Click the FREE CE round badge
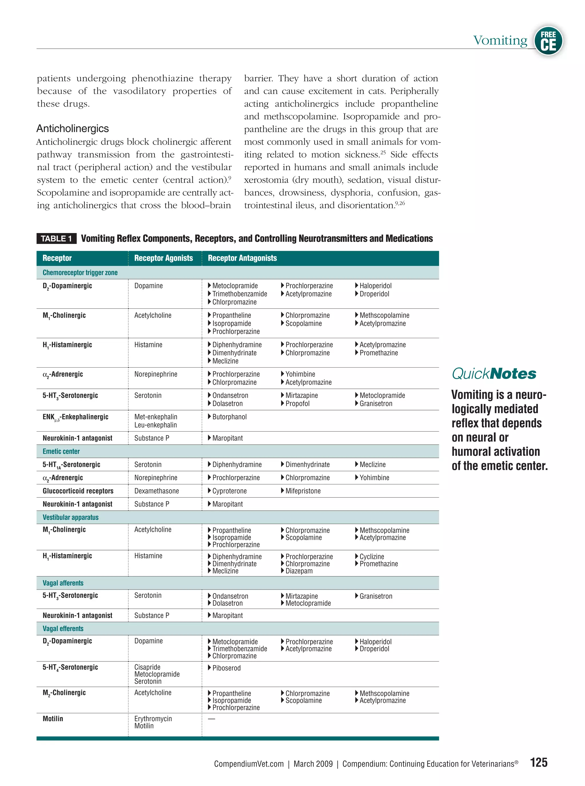click(548, 41)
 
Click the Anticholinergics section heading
click(73, 129)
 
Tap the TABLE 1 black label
click(56, 239)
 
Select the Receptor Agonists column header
click(163, 258)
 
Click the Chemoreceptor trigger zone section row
click(80, 273)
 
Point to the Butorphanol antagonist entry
click(229, 417)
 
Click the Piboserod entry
click(226, 668)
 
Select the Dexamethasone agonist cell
click(157, 491)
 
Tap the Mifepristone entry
click(303, 491)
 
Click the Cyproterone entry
click(229, 491)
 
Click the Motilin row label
click(53, 719)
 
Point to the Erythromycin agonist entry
click(153, 719)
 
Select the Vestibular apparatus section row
click(71, 517)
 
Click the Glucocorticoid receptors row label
click(78, 491)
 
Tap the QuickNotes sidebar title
click(494, 374)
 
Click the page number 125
click(539, 763)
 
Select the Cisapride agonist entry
click(147, 667)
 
